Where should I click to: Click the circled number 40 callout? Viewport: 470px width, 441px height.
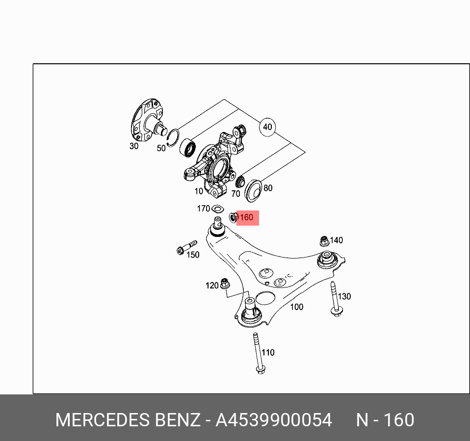click(267, 127)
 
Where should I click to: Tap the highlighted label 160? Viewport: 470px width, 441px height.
click(247, 218)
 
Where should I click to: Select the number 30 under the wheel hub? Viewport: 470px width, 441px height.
click(134, 146)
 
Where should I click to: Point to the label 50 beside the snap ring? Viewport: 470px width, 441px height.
click(161, 148)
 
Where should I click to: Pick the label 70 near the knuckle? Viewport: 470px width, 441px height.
click(235, 194)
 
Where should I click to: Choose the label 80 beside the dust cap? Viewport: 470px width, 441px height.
click(267, 188)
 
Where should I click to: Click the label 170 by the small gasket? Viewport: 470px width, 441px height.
click(203, 208)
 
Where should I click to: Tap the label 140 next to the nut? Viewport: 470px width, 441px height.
click(336, 240)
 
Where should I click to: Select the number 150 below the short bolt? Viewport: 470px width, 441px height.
click(193, 255)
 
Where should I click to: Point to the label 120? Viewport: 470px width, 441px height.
click(212, 285)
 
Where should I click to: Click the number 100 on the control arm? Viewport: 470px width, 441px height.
click(296, 307)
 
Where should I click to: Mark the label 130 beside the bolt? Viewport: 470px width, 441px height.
click(344, 296)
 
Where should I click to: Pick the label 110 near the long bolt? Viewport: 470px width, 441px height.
click(268, 352)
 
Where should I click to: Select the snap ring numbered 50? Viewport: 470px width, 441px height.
click(172, 137)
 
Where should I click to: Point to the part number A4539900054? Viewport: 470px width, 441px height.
click(274, 420)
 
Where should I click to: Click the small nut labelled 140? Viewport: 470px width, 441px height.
click(324, 241)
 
